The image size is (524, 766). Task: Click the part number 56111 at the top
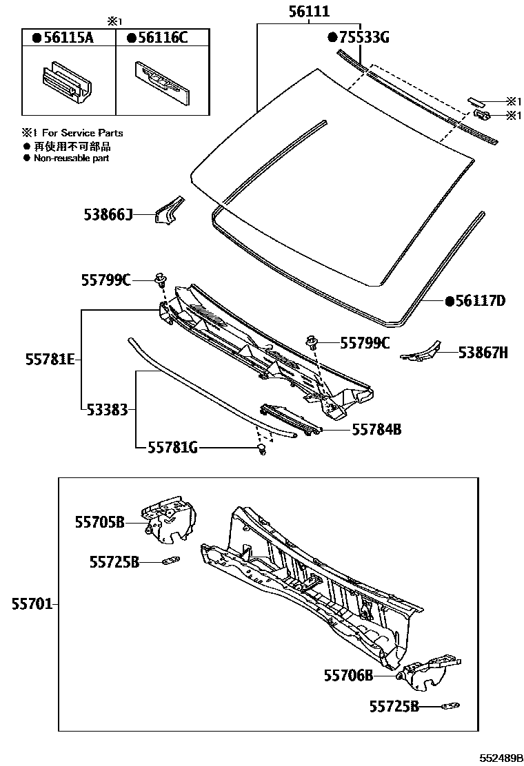[308, 12]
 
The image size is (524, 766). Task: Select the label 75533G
[358, 37]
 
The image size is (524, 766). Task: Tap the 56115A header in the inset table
[68, 39]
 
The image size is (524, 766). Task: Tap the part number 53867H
[483, 353]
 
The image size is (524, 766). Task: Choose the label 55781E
[50, 360]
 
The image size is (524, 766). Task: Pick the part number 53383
[108, 410]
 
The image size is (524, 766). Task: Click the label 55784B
[376, 429]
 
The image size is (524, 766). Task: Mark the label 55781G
[172, 448]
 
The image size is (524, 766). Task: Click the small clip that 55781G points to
[262, 450]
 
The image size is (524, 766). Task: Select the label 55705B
[99, 523]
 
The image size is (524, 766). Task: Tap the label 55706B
[348, 676]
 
